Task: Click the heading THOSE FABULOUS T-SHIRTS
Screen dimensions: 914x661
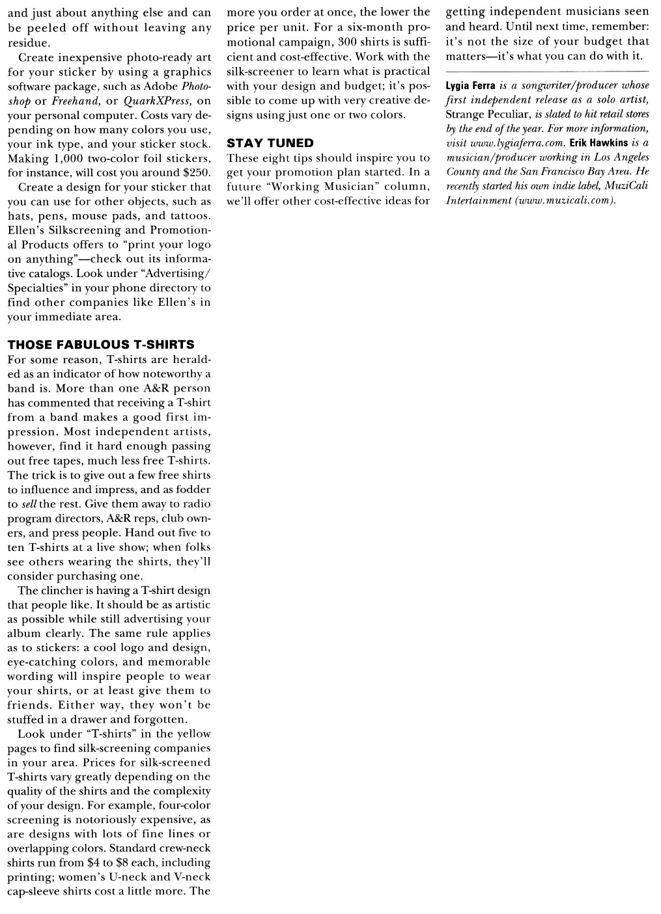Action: tap(101, 345)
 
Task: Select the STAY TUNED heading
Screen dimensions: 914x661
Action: tap(270, 143)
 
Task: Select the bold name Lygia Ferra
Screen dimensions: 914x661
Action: tap(471, 86)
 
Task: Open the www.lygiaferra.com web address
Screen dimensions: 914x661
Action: tap(516, 143)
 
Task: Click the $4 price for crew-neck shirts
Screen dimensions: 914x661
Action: tap(94, 863)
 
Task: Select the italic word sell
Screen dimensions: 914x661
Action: tap(29, 504)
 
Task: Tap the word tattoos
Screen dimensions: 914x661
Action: tap(190, 216)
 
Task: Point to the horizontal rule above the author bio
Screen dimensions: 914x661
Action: tap(547, 70)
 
